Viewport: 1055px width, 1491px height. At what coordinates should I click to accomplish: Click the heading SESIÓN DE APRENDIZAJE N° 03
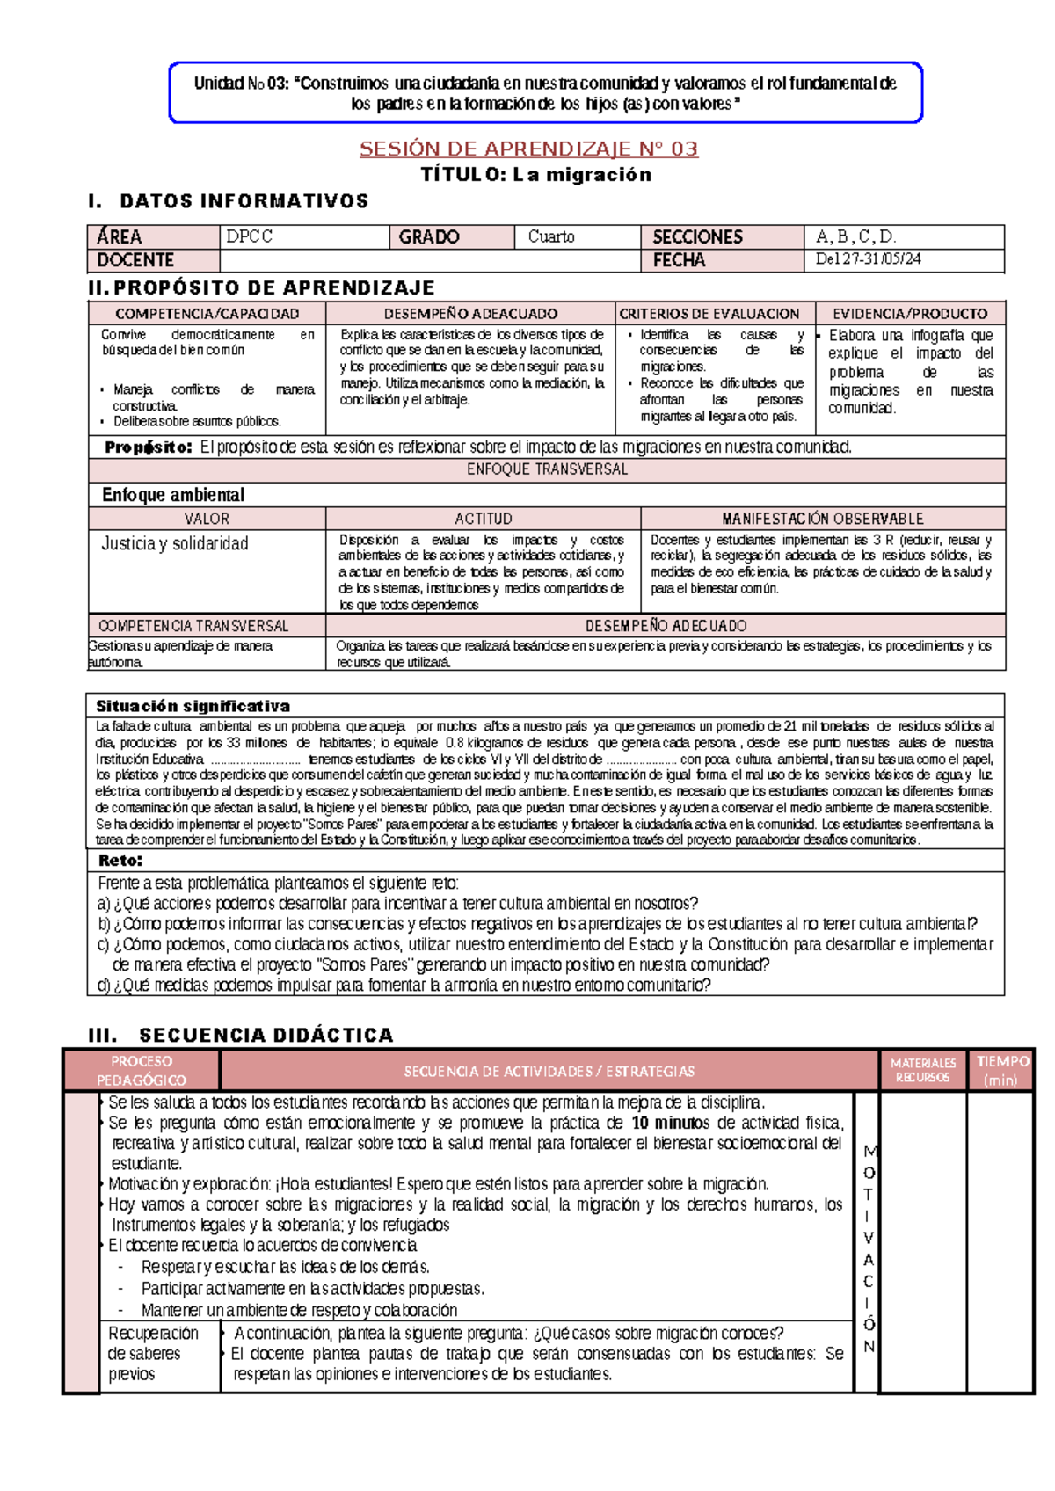click(528, 149)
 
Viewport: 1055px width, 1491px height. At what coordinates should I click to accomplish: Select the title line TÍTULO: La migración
click(536, 174)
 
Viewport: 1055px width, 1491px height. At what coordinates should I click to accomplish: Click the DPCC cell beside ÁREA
click(250, 236)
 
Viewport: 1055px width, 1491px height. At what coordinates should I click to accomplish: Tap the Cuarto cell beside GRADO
click(551, 236)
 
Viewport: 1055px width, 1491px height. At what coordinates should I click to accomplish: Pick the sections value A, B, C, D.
click(855, 236)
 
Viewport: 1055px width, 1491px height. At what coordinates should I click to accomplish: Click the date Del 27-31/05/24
click(868, 259)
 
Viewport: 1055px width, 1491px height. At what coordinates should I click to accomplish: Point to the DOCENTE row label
click(135, 260)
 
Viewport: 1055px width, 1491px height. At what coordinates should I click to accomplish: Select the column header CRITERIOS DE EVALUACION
click(709, 314)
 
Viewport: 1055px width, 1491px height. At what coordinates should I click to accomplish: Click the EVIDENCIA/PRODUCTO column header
click(910, 314)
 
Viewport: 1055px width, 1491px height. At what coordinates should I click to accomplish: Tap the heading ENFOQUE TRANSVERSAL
click(547, 469)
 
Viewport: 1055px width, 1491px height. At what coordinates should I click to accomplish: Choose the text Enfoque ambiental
click(173, 495)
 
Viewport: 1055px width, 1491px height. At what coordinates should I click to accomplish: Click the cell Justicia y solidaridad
click(175, 543)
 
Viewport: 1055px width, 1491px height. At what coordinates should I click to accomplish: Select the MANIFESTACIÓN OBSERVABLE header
click(822, 519)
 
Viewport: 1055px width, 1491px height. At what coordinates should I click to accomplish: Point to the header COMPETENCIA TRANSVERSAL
click(193, 626)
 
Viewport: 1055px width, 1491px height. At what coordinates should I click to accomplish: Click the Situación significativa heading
click(193, 706)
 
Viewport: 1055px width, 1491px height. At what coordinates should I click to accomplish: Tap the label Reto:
click(120, 861)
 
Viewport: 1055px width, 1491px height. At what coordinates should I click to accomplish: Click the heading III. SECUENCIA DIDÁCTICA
click(241, 1035)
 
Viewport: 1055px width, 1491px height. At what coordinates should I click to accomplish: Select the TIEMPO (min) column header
click(1001, 1071)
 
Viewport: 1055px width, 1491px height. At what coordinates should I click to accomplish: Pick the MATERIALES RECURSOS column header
click(922, 1071)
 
